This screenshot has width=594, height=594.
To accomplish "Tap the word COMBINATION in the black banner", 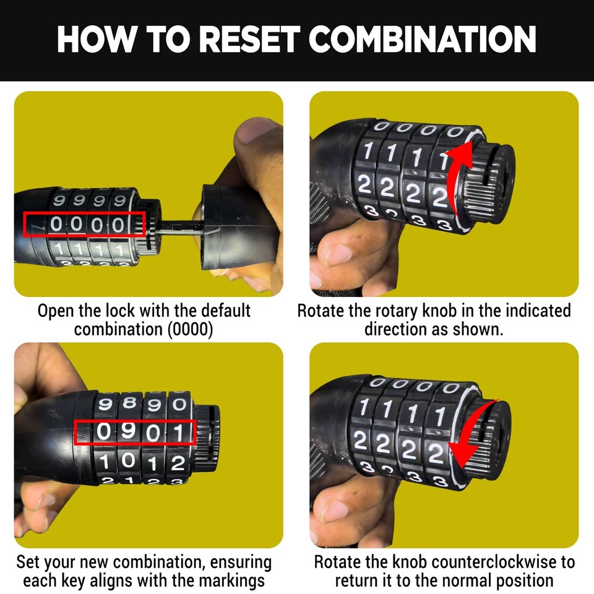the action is pyautogui.click(x=422, y=39).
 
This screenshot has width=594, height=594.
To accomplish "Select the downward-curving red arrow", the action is pyautogui.click(x=473, y=436).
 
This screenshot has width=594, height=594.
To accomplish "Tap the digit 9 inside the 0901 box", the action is pyautogui.click(x=129, y=431).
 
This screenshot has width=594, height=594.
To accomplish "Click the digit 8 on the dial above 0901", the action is pyautogui.click(x=129, y=403).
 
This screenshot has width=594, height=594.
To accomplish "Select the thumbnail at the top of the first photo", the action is pyautogui.click(x=254, y=129).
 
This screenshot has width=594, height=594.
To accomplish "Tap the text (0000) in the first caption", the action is pyautogui.click(x=190, y=329).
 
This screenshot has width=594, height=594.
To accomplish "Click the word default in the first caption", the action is pyautogui.click(x=226, y=311).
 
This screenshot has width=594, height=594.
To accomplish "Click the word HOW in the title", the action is pyautogui.click(x=97, y=39).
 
